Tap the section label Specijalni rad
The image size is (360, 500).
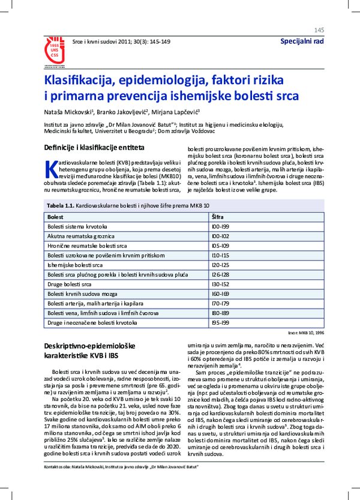[302, 41]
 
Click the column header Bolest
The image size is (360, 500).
[55, 215]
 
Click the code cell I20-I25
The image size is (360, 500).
[219, 264]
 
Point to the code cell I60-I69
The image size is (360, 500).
[219, 294]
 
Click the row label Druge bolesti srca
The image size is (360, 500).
[70, 284]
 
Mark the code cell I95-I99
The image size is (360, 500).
[219, 323]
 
